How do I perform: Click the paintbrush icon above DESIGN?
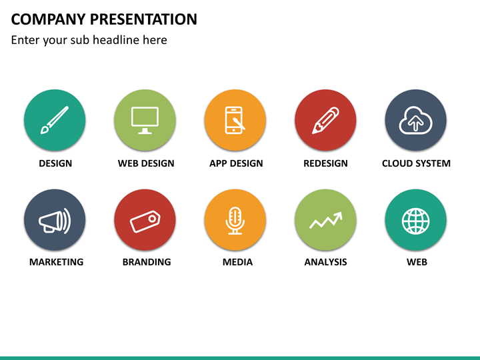click(55, 120)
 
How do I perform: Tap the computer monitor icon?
click(145, 120)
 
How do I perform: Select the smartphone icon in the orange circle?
click(235, 120)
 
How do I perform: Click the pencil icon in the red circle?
click(325, 120)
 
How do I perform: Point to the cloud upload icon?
click(416, 120)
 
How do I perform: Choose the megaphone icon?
click(55, 221)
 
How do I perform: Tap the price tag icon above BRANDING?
click(145, 221)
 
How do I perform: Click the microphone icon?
click(235, 221)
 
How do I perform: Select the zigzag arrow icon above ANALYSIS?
click(326, 220)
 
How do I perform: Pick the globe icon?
click(416, 221)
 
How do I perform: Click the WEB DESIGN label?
click(146, 163)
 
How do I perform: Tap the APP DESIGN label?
click(236, 163)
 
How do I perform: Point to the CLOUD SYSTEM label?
click(416, 163)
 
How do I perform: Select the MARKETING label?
click(56, 262)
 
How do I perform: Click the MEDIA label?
click(237, 262)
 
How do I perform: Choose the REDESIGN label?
click(326, 163)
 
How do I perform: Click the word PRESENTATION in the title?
click(143, 19)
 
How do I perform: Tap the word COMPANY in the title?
click(49, 19)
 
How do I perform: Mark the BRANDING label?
click(147, 262)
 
